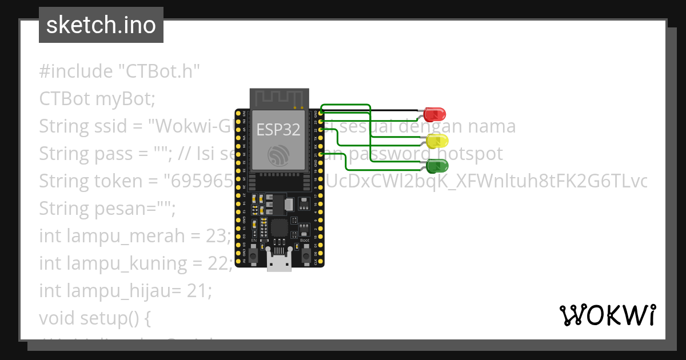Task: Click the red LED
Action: (x=435, y=114)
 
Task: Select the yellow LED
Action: (x=437, y=141)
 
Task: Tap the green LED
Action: (x=437, y=166)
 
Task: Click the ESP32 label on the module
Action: (x=278, y=130)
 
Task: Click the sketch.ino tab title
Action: (x=101, y=25)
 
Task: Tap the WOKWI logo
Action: (x=607, y=315)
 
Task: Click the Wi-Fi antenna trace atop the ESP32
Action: (x=280, y=98)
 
